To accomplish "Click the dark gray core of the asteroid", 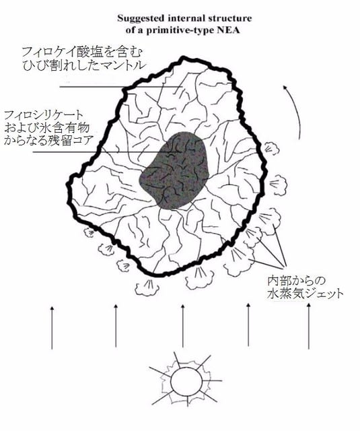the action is pos(174,170).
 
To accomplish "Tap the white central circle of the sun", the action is pos(185,380).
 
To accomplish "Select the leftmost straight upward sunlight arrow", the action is pos(52,328).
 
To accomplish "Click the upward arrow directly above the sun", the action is pos(182,325).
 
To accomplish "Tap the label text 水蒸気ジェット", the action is pos(305,294).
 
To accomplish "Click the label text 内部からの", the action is pos(296,281).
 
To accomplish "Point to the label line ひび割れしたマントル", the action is pos(83,65).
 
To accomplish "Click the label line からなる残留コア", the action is pos(47,140).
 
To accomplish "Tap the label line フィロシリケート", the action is pos(43,115).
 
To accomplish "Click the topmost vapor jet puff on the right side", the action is pos(272,149).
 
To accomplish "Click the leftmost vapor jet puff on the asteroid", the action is pos(89,232).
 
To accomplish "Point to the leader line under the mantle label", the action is pos(121,87).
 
